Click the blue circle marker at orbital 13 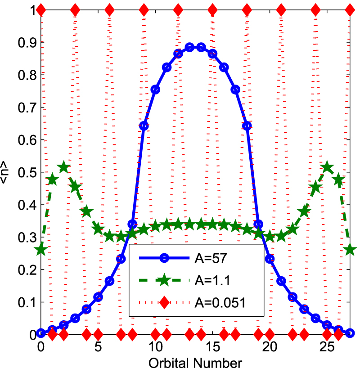point(189,47)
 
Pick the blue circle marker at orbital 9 point(144,126)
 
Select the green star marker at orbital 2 point(64,167)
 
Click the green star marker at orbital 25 point(327,167)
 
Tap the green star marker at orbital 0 point(41,249)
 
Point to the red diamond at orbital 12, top point(178,9)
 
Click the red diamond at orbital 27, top point(350,9)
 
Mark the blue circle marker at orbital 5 point(98,297)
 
